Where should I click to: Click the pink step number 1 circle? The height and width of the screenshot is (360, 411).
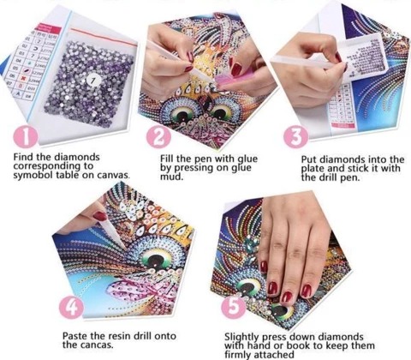pos(26,136)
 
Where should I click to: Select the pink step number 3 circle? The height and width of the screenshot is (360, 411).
pos(296,136)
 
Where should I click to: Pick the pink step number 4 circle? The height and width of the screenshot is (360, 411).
pos(71,308)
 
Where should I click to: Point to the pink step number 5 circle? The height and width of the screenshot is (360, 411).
pos(234,307)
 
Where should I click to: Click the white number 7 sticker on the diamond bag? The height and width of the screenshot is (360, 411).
pos(92,81)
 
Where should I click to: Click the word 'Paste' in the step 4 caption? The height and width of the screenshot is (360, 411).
pos(74,335)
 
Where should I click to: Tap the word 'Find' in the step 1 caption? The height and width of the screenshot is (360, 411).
pos(23,157)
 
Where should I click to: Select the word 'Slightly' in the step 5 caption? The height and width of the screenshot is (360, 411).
pos(241,338)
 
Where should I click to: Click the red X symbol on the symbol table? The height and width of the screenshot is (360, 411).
pos(21,77)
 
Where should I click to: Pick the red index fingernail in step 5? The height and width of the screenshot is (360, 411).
pos(272,288)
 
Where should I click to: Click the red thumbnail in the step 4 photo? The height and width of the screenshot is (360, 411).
pos(99,216)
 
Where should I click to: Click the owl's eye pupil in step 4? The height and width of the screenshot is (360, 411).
pos(156,260)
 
